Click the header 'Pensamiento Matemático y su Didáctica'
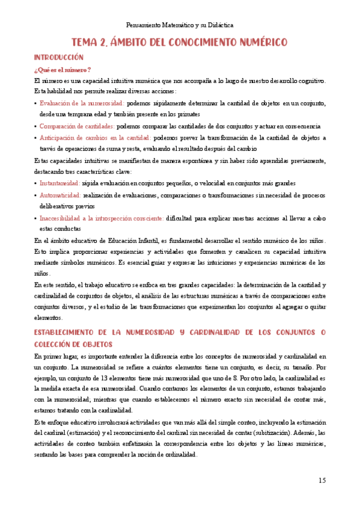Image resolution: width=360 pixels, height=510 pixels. [x=180, y=25]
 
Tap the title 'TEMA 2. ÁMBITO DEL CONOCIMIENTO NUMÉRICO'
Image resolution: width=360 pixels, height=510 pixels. [x=180, y=42]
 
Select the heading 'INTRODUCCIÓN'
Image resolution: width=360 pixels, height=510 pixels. [x=58, y=57]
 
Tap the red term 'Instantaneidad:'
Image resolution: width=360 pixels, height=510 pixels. [x=59, y=183]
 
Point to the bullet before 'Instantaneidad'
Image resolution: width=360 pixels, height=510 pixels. [x=35, y=183]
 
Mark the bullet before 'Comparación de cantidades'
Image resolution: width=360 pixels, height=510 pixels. [x=35, y=126]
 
